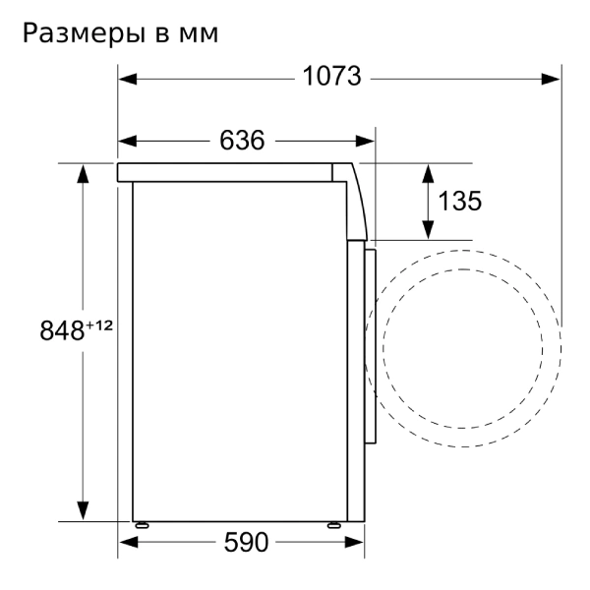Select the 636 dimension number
tap(242, 142)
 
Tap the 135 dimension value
tap(459, 202)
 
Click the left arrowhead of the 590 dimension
tap(127, 542)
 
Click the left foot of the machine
tap(143, 524)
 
